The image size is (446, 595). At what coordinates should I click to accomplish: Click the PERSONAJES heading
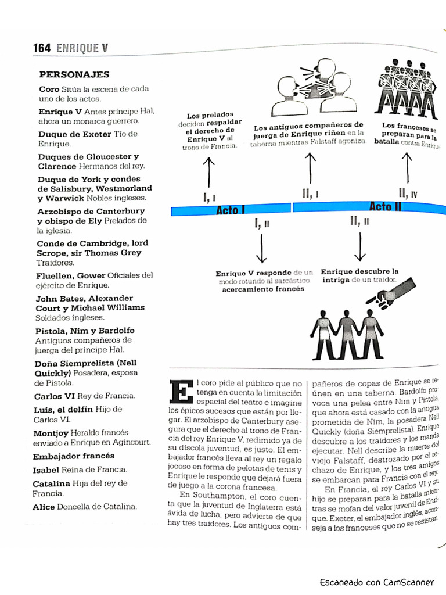[74, 75]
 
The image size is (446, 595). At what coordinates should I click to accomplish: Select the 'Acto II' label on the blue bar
[386, 206]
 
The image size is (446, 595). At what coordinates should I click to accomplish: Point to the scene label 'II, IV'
[408, 193]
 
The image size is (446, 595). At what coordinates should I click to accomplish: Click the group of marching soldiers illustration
[407, 88]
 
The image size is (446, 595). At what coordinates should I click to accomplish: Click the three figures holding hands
[347, 334]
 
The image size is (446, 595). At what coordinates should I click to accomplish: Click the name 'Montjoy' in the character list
[51, 433]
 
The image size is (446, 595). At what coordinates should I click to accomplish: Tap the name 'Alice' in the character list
[44, 507]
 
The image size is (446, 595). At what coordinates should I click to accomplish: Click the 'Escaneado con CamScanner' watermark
[376, 582]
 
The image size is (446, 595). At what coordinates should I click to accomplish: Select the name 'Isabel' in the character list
[46, 469]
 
